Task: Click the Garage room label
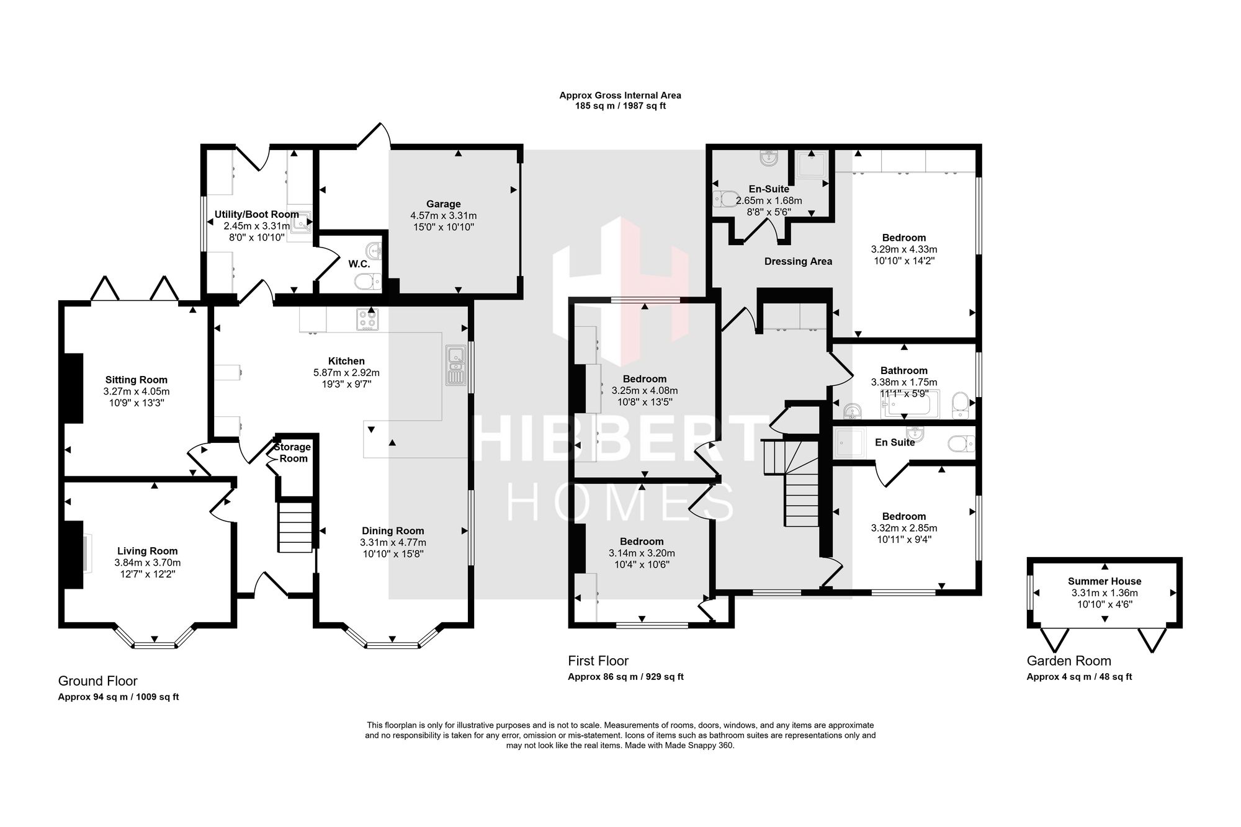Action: point(444,204)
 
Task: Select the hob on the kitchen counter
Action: point(367,320)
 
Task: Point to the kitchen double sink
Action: point(455,365)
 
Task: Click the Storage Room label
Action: point(293,453)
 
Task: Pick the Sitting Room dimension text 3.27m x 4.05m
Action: point(137,391)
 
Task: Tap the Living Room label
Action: point(148,551)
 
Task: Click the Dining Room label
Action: point(393,530)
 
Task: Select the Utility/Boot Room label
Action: point(257,214)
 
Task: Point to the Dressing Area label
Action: point(798,261)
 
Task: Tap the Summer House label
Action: point(1104,581)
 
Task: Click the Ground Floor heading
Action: point(98,681)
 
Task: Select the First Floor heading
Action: point(598,661)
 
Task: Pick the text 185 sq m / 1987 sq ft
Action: point(620,106)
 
